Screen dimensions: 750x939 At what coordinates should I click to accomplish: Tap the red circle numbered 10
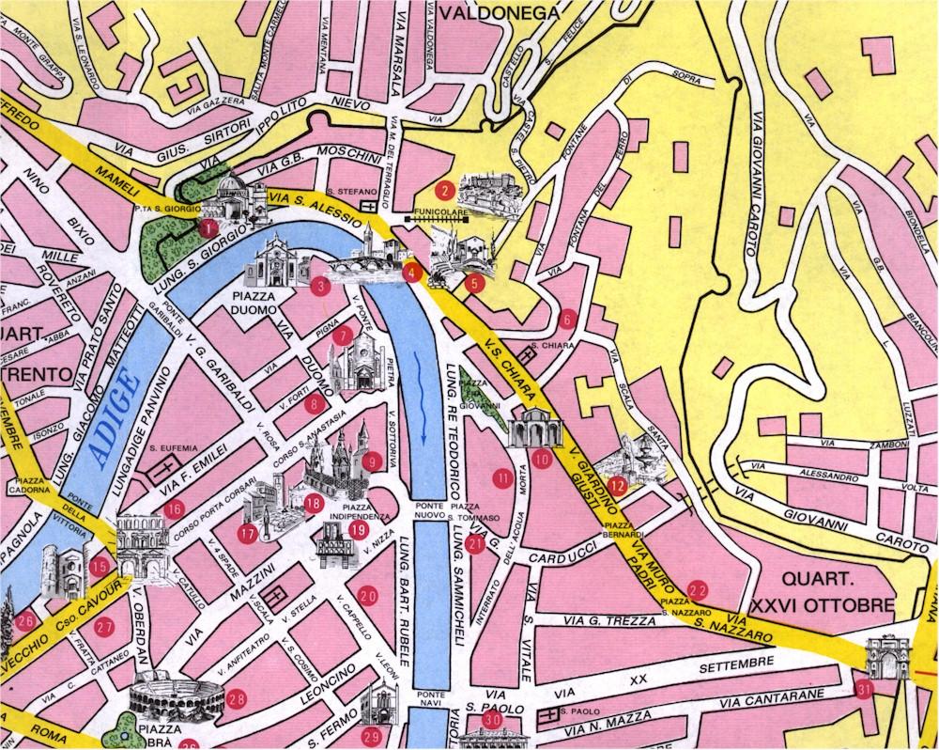click(542, 459)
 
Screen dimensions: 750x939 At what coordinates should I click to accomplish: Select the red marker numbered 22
click(697, 589)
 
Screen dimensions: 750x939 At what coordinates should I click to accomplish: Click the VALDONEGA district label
click(498, 12)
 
